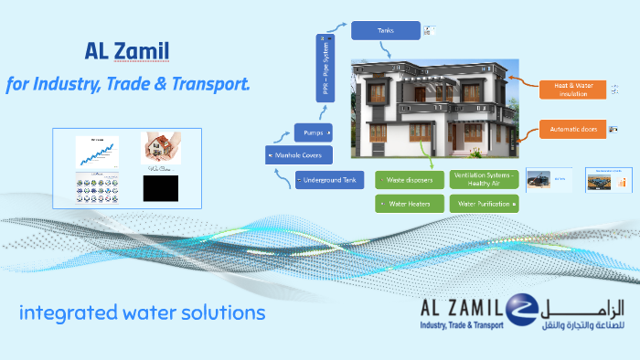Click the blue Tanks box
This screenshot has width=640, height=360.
click(385, 30)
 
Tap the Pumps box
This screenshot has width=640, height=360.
click(311, 132)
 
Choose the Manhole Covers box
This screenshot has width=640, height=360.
click(293, 155)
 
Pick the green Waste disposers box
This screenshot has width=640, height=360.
click(409, 180)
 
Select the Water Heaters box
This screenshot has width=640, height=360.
click(409, 204)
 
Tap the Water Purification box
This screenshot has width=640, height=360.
click(485, 204)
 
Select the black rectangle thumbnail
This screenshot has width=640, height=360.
click(160, 188)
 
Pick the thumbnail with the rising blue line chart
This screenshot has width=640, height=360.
click(97, 151)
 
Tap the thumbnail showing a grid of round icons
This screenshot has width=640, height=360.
click(97, 188)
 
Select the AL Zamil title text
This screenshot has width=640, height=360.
click(123, 51)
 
